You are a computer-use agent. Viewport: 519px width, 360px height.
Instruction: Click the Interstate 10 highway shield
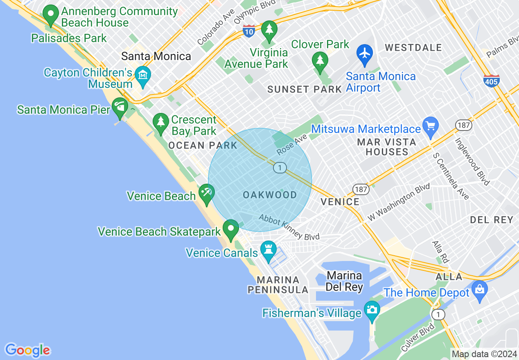coord(249,31)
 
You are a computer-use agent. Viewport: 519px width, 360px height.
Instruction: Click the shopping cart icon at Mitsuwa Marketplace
coord(430,125)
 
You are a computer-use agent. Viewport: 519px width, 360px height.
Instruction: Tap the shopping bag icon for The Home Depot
coord(479,289)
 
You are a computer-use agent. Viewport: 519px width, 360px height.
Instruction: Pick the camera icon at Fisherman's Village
coord(372,309)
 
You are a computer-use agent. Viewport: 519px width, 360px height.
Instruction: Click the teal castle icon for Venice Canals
coord(269,249)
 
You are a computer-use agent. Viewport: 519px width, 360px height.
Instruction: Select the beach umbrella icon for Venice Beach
coord(206,192)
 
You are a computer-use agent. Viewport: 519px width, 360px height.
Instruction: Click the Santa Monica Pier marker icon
coord(120,106)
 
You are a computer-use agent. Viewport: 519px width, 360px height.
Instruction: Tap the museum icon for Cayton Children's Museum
coord(143,75)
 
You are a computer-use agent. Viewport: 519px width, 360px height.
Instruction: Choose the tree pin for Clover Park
coord(320,61)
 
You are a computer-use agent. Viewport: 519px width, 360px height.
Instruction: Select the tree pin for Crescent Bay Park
coord(160,122)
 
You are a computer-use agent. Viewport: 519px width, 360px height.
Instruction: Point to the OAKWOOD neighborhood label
coord(270,195)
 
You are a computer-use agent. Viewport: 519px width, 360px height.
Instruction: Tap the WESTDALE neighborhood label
coord(413,48)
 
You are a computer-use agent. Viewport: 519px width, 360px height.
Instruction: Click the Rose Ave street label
coord(292,145)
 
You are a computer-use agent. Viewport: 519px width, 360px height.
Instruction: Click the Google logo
coord(27,350)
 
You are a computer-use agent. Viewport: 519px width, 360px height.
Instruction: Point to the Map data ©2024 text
coord(483,354)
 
